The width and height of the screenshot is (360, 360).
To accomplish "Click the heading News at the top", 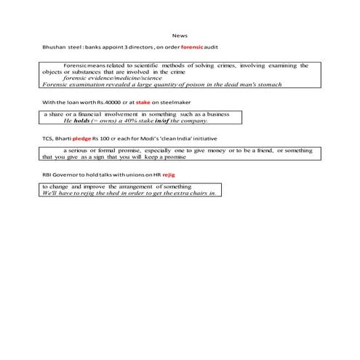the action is [x=180, y=35].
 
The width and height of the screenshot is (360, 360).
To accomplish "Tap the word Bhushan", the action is [x=55, y=47].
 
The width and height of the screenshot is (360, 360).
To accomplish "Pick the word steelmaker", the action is [x=167, y=103].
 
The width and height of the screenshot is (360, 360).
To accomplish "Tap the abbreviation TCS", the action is [x=49, y=137].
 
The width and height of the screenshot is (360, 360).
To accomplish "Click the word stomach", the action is [x=268, y=84].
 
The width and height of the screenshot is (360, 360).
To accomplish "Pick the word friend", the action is [x=263, y=150].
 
